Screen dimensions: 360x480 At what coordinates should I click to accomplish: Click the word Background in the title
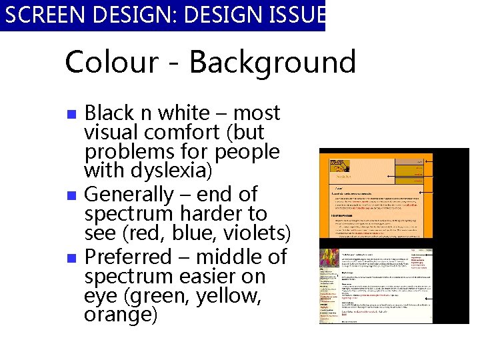point(273,63)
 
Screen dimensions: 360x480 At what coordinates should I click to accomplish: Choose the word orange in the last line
point(121,315)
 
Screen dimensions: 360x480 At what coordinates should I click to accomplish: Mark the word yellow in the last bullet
point(227,295)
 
